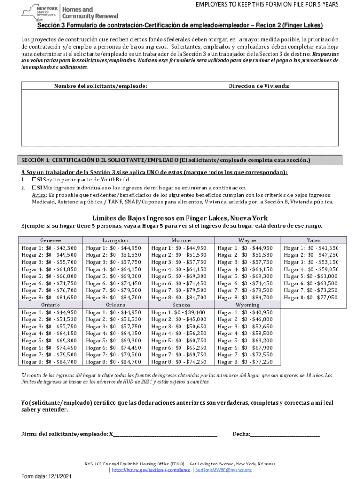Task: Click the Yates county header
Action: tap(313, 240)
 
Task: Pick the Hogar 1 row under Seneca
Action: tap(181, 312)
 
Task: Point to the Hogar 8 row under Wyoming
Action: tap(247, 362)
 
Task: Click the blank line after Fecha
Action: tap(285, 434)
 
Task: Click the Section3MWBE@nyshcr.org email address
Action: tap(223, 470)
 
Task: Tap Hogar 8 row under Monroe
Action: tap(181, 298)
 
